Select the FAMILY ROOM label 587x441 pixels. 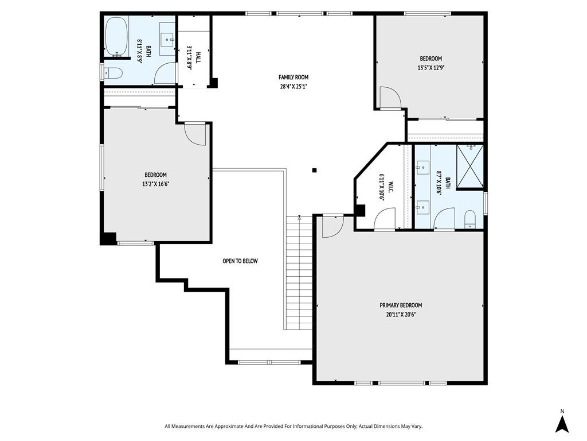[293, 77]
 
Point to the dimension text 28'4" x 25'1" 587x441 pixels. [293, 87]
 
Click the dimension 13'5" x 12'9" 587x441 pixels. [431, 68]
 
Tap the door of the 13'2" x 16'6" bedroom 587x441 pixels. [195, 134]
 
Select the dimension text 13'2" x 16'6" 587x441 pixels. [155, 184]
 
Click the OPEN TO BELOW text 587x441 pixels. [240, 261]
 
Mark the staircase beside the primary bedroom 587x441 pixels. [298, 273]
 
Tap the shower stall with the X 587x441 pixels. [469, 167]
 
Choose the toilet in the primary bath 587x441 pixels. [469, 219]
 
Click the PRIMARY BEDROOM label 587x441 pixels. [400, 305]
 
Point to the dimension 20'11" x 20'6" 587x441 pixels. [400, 315]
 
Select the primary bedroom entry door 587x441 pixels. [332, 226]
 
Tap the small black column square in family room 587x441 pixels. [314, 170]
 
